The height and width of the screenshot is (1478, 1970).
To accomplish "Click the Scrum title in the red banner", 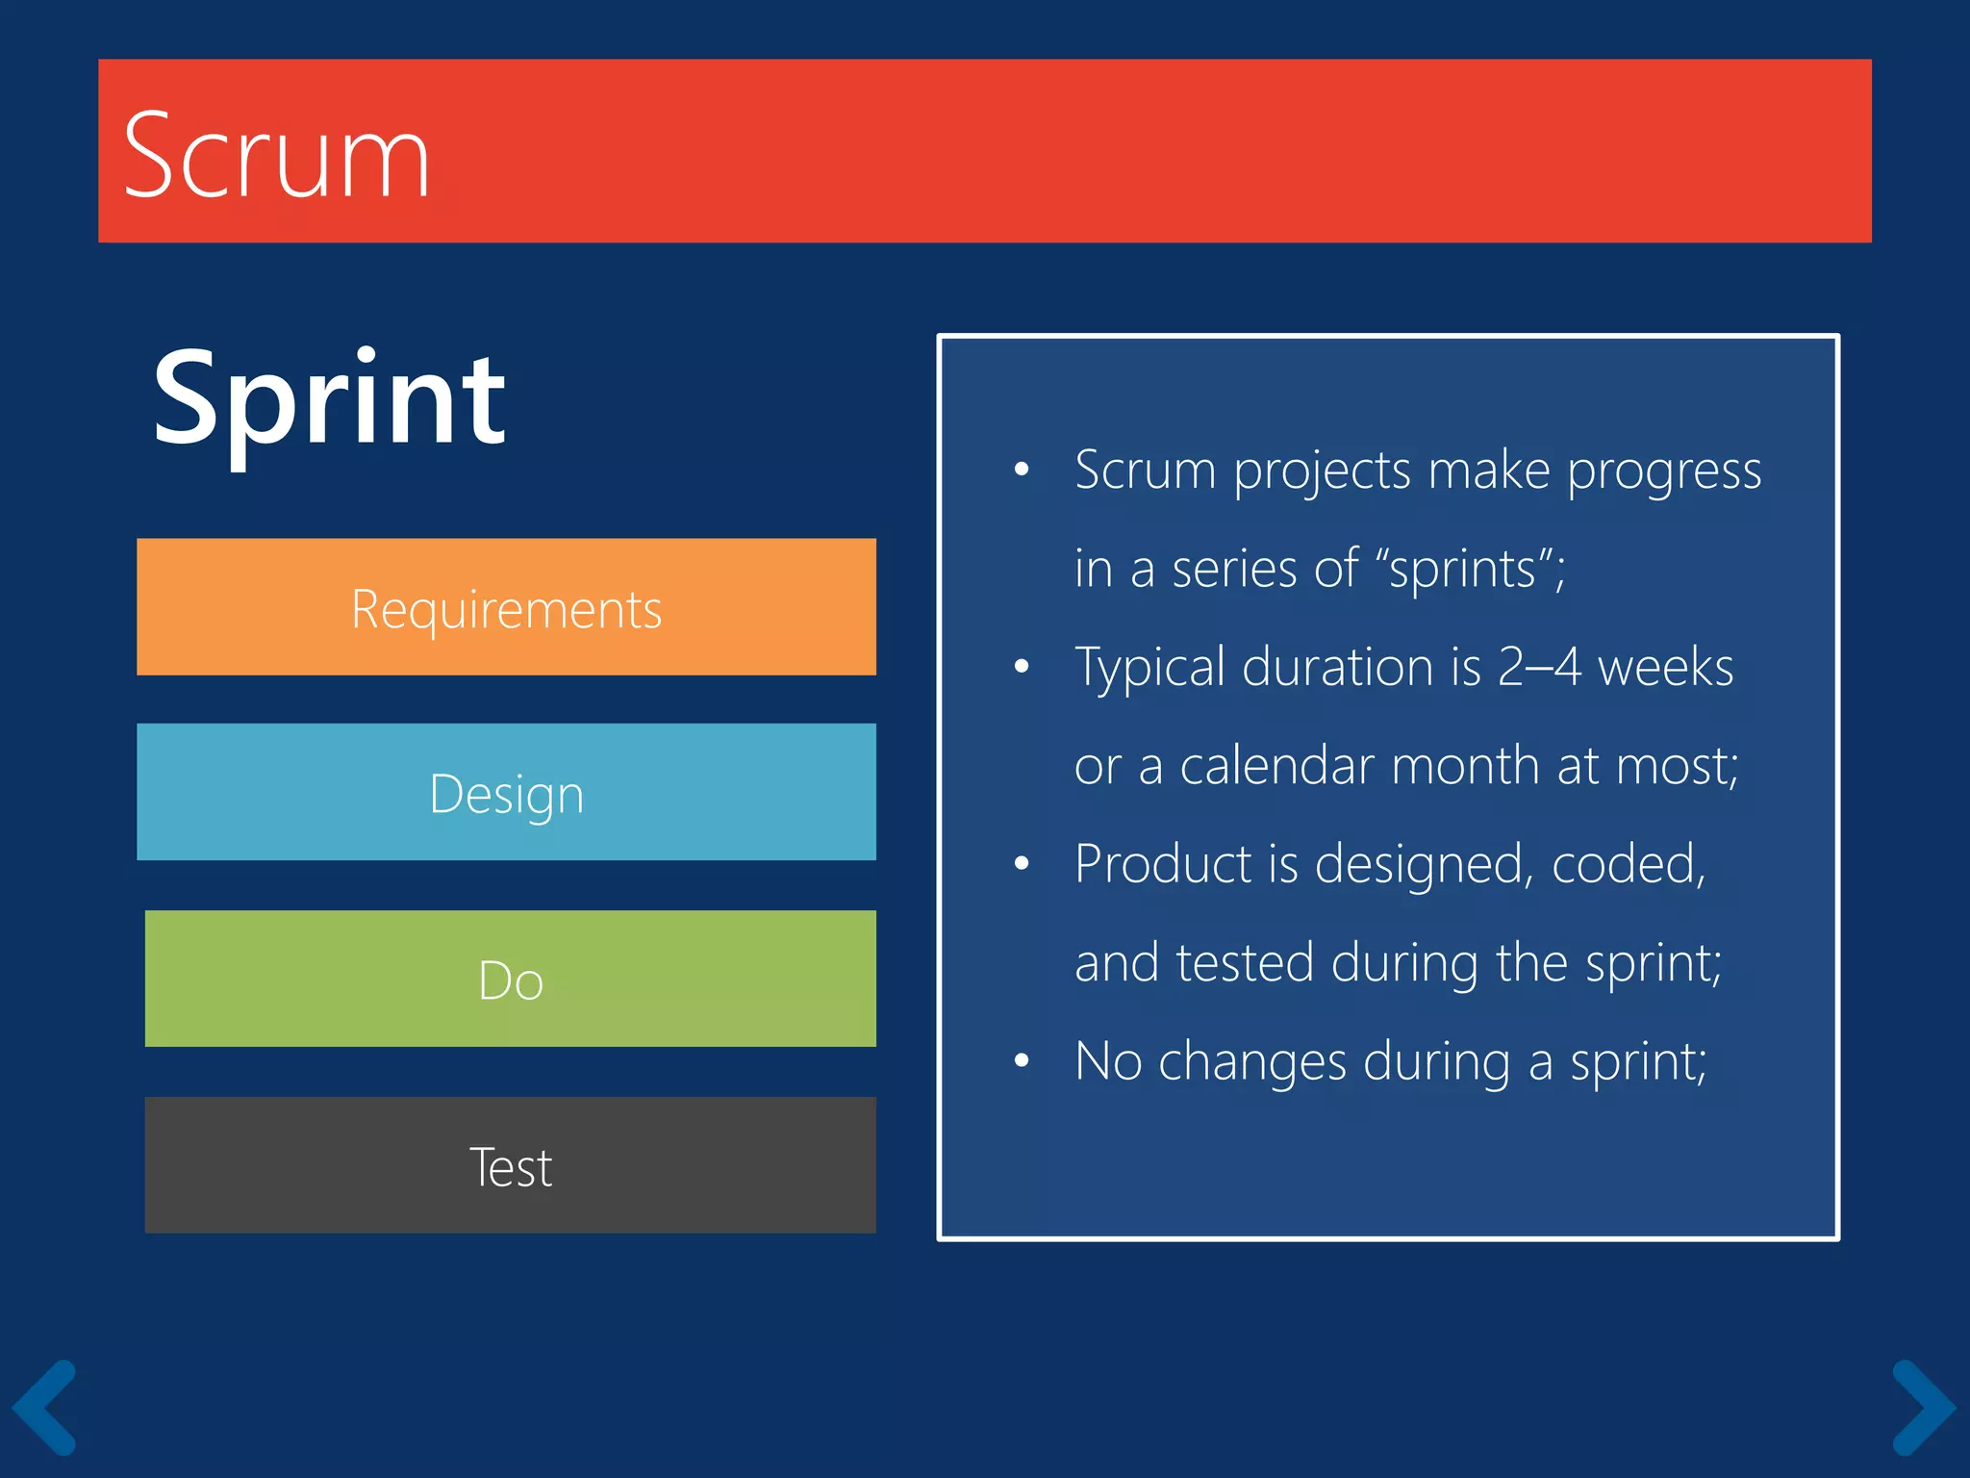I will (x=276, y=156).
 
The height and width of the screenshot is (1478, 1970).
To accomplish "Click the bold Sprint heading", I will (x=329, y=399).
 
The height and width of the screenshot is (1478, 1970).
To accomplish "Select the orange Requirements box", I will (x=506, y=607).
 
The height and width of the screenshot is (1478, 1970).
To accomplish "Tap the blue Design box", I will (x=506, y=792).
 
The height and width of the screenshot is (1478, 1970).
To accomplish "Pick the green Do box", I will (x=510, y=979).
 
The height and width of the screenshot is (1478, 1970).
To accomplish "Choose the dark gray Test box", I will (x=510, y=1165).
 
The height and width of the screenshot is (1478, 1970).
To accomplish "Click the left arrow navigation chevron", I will (x=45, y=1406).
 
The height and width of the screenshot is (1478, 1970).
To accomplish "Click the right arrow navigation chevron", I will (x=1923, y=1406).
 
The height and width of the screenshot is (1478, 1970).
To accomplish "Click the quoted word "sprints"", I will (x=1462, y=569).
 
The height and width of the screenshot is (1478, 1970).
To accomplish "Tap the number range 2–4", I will (x=1538, y=667).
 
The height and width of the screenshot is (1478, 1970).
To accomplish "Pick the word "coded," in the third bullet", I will (x=1629, y=865).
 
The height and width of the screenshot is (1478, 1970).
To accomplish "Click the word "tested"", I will (x=1245, y=962).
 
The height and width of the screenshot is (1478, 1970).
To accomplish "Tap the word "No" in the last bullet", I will (x=1108, y=1061).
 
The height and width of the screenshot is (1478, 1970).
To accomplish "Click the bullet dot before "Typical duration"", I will (x=1022, y=667).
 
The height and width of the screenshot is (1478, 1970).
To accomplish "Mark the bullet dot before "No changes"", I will (x=1022, y=1061).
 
